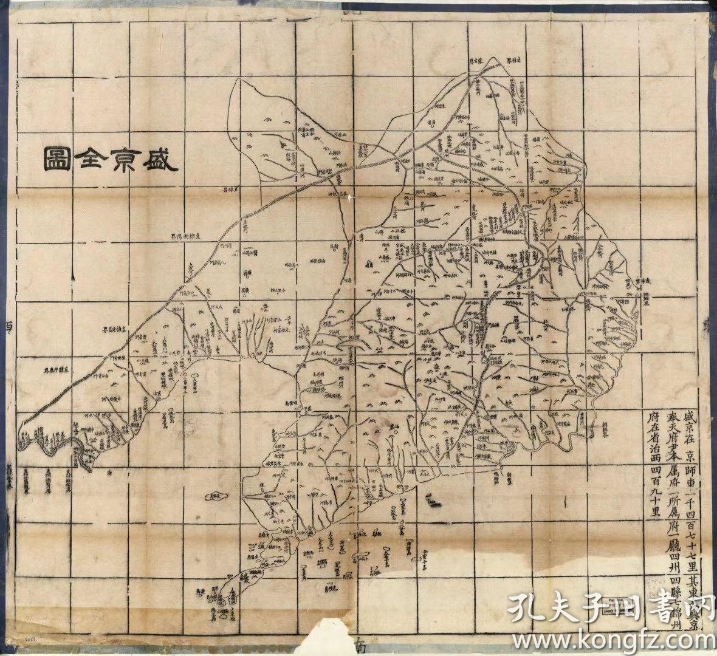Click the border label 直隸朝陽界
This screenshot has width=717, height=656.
tap(189, 236)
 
